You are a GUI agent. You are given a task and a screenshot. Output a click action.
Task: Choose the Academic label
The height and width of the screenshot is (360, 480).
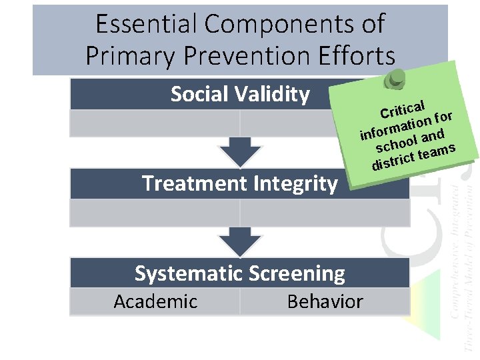tap(155, 301)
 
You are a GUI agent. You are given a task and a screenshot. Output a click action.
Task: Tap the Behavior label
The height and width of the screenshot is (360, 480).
tap(325, 301)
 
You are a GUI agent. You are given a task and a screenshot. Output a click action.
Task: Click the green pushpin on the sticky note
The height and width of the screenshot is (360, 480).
tap(395, 79)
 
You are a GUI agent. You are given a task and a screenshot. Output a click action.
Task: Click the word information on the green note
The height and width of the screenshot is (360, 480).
tap(393, 126)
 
